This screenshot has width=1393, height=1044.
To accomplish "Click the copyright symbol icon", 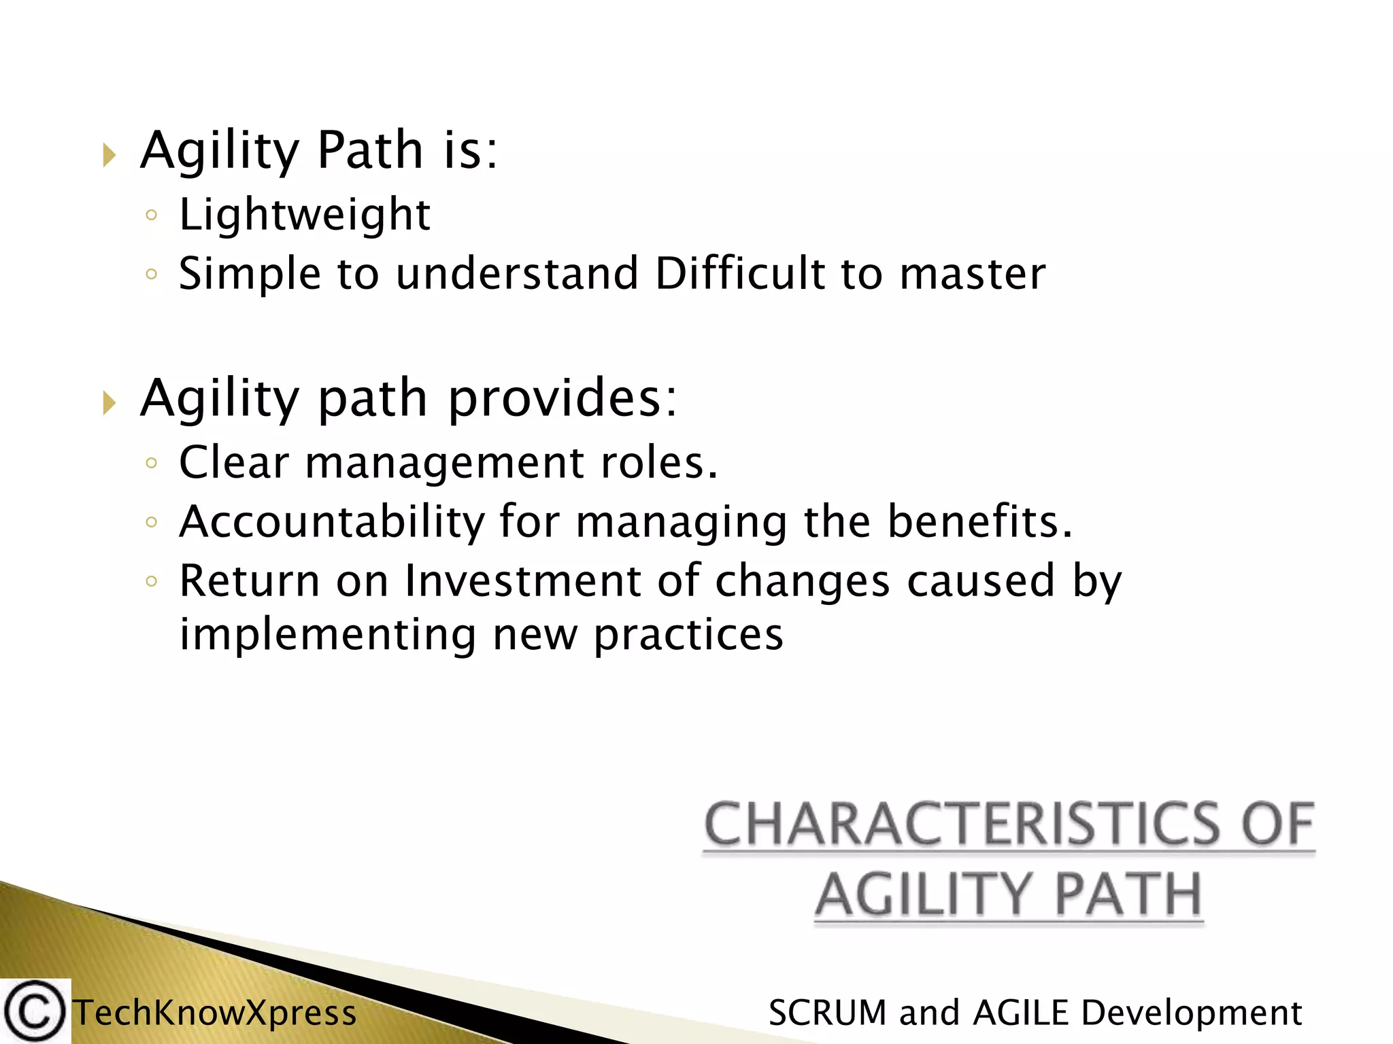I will pyautogui.click(x=34, y=1012).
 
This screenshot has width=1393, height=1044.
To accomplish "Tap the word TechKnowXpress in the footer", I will pyautogui.click(x=215, y=1013).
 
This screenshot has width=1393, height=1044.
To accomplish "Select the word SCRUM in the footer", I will pyautogui.click(x=827, y=1013).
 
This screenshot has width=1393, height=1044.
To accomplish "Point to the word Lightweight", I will pyautogui.click(x=305, y=215).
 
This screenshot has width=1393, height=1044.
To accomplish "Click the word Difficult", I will pyautogui.click(x=739, y=273).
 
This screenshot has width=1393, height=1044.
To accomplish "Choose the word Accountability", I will pyautogui.click(x=332, y=521).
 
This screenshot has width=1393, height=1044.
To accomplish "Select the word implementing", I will pyautogui.click(x=327, y=634).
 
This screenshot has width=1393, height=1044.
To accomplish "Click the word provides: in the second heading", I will pyautogui.click(x=563, y=398).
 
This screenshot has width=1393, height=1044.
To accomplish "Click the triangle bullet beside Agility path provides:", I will pyautogui.click(x=110, y=403).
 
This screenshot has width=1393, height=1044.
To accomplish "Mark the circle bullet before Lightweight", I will pyautogui.click(x=152, y=216).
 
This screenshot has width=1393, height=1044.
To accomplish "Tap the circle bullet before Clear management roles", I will pyautogui.click(x=152, y=464).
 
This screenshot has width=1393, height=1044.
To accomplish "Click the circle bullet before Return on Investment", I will pyautogui.click(x=152, y=582).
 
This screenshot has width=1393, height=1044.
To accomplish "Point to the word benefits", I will pyautogui.click(x=980, y=521).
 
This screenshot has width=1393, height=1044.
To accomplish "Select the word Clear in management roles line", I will pyautogui.click(x=234, y=463).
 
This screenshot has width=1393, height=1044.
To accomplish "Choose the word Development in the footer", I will pyautogui.click(x=1191, y=1013).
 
